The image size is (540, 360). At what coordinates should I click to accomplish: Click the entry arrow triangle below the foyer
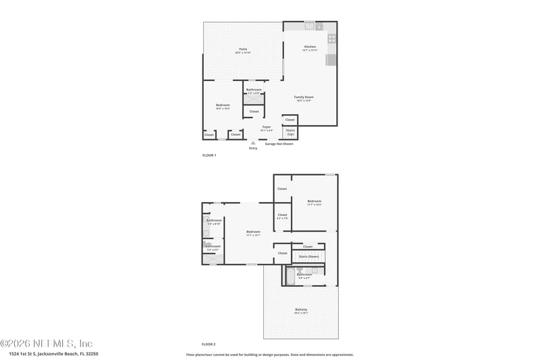(x=253, y=143)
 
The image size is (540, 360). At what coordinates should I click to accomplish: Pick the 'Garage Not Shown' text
(x=279, y=144)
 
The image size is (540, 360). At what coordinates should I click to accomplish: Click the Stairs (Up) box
(x=290, y=132)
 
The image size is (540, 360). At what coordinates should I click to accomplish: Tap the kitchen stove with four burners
(x=331, y=38)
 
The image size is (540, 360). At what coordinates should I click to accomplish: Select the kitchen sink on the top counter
(x=309, y=26)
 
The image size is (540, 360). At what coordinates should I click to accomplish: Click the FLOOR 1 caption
(x=209, y=155)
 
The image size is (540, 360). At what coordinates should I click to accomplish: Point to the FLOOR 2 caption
(x=209, y=344)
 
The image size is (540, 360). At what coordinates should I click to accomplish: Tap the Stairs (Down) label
(x=308, y=257)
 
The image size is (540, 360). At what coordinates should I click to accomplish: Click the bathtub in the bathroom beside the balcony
(x=290, y=276)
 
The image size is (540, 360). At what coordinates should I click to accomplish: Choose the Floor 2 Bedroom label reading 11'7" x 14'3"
(x=315, y=202)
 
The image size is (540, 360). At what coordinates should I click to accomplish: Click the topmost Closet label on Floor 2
(x=282, y=188)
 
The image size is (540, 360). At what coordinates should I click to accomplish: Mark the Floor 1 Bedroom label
(x=223, y=106)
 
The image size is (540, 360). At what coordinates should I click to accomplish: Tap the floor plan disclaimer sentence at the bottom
(x=269, y=354)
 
